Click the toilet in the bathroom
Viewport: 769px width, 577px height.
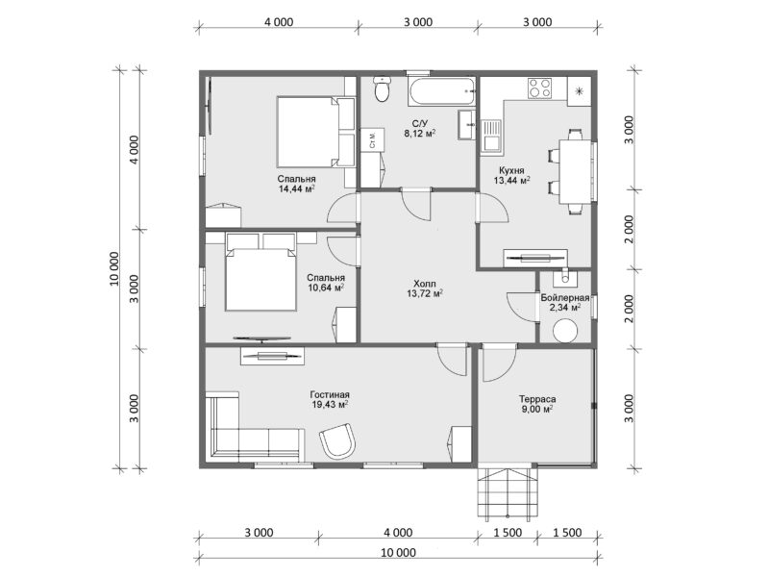381,88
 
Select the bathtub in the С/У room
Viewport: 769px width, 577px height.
441,90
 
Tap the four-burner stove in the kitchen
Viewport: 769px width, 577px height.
539,88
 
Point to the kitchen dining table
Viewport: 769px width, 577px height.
576,171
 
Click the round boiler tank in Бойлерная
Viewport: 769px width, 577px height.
565,330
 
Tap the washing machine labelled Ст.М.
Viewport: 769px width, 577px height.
373,139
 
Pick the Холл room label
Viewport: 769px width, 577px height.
425,284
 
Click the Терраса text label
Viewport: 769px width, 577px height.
537,399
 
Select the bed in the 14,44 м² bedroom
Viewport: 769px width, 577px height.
309,133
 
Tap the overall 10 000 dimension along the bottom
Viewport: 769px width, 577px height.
398,552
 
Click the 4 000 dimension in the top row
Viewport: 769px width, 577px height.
279,22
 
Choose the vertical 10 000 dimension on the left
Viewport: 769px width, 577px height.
114,268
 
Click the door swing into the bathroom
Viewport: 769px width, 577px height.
416,203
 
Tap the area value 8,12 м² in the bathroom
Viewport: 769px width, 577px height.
420,133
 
